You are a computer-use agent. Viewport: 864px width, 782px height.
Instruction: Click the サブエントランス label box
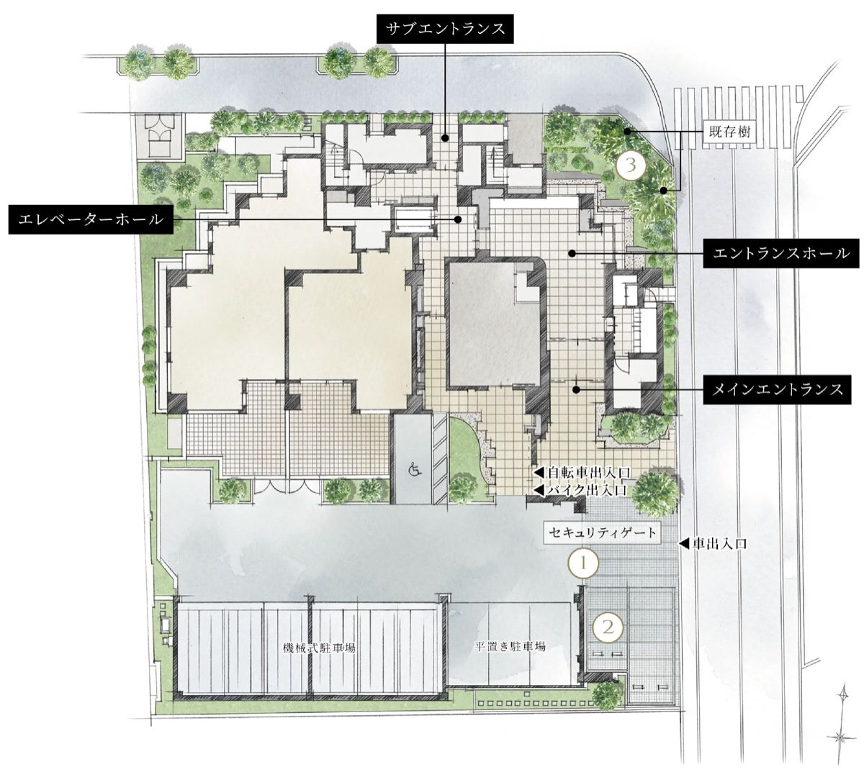coord(445,29)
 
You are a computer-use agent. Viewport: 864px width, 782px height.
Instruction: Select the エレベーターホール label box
coord(91,219)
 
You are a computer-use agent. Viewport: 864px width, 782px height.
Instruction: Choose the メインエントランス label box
coord(777,389)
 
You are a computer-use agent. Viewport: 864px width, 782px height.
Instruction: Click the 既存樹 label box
coord(729,131)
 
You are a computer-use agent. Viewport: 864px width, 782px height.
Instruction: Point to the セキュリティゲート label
coord(602,534)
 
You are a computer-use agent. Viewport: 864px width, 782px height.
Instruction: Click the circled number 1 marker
coord(583,563)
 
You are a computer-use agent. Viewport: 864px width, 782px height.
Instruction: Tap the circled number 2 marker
coord(608,627)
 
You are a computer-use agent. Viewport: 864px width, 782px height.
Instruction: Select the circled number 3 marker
coord(631,165)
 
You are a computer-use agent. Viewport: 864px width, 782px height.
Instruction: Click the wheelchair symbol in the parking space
coord(415,468)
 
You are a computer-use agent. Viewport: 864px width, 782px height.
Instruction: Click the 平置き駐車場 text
coord(510,646)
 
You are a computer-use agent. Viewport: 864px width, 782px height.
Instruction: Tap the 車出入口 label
coord(713,544)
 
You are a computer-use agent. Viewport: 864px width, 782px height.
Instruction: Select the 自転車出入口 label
coord(582,473)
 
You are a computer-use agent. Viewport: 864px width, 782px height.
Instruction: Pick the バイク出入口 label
coord(580,489)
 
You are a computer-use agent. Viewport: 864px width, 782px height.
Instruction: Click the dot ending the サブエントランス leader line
coord(445,138)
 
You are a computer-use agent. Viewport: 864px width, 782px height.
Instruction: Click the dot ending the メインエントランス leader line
coord(575,390)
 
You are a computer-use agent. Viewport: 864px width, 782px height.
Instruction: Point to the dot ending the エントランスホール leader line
coord(572,253)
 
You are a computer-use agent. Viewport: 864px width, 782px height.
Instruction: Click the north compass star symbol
coord(841,738)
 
